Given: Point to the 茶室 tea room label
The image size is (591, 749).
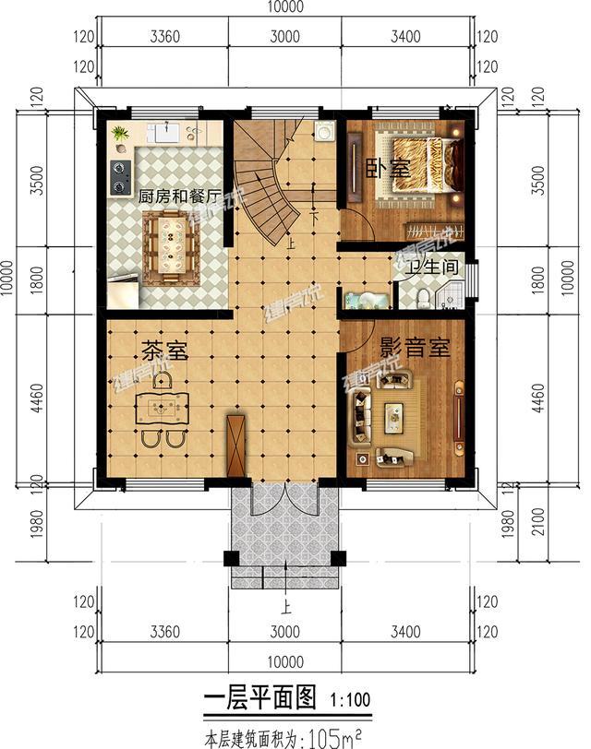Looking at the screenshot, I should pyautogui.click(x=164, y=351).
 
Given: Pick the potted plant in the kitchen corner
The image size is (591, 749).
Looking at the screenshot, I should pyautogui.click(x=121, y=135).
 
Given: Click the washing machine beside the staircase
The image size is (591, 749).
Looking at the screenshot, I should pyautogui.click(x=324, y=133).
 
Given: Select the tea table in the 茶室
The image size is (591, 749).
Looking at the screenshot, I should pyautogui.click(x=164, y=406).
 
